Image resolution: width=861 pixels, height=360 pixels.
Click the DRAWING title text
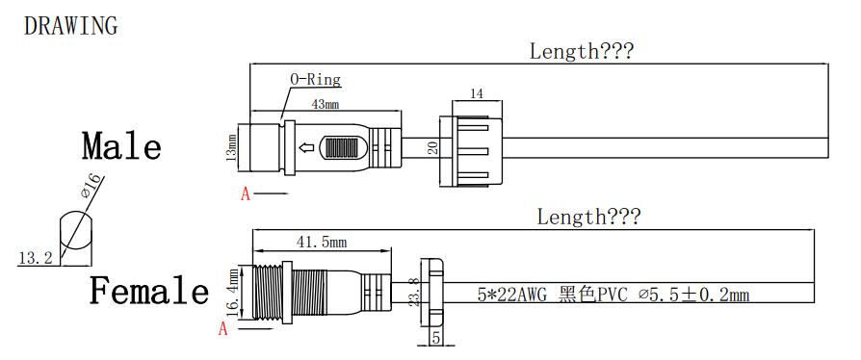71,26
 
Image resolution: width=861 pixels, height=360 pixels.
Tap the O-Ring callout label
315,80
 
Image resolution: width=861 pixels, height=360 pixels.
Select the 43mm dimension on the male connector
326,104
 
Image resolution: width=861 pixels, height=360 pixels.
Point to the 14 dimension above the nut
477,93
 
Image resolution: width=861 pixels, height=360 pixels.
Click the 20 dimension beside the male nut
433,147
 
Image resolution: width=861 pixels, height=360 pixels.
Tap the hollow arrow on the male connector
306,147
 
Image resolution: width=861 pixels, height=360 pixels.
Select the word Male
122,145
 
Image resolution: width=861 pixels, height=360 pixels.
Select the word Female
149,290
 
